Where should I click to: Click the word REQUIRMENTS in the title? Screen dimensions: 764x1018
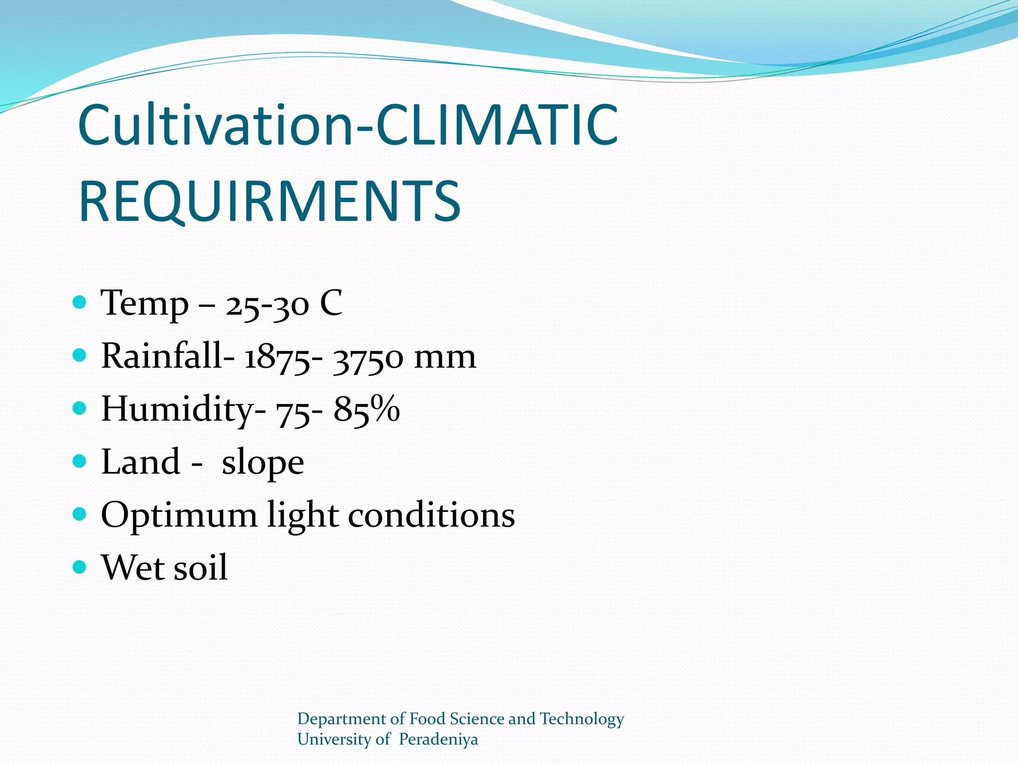269,201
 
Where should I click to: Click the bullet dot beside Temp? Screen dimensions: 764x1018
80,302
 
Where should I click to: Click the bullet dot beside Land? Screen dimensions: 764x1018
80,461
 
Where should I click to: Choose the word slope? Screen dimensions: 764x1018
262,463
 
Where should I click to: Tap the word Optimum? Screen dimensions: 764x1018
179,515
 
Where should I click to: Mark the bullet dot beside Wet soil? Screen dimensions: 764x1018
80,567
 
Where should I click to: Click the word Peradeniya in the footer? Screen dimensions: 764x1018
438,740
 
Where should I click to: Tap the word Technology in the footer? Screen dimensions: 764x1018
582,719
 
